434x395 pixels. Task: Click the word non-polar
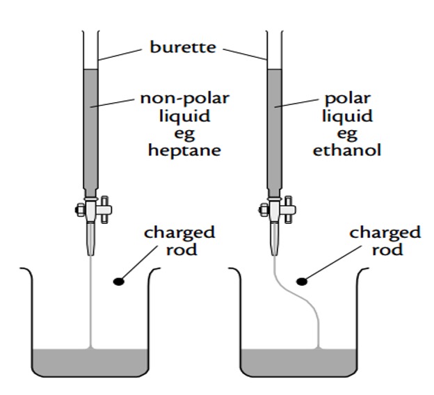[184, 97]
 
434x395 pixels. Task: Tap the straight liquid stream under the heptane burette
[91, 299]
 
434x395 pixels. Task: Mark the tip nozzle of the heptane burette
[91, 240]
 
